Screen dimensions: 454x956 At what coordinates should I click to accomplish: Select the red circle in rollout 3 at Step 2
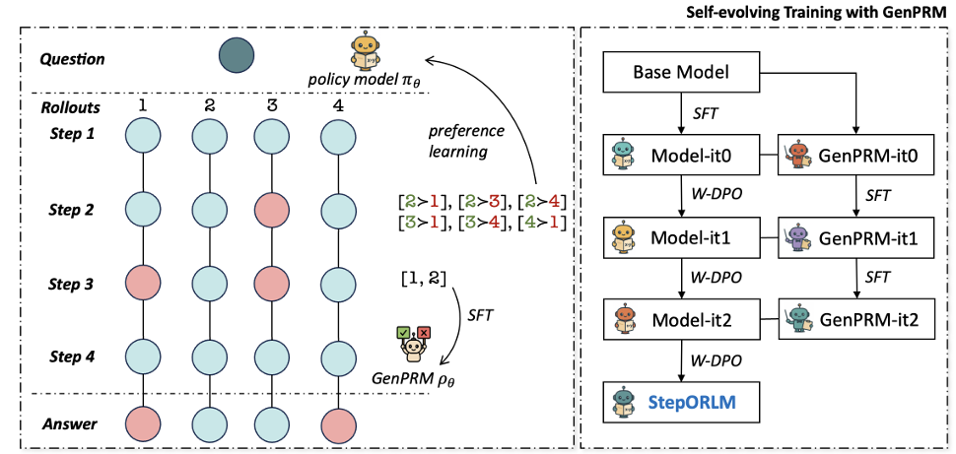[x=273, y=209]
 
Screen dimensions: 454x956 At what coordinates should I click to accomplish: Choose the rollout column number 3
[x=273, y=105]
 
